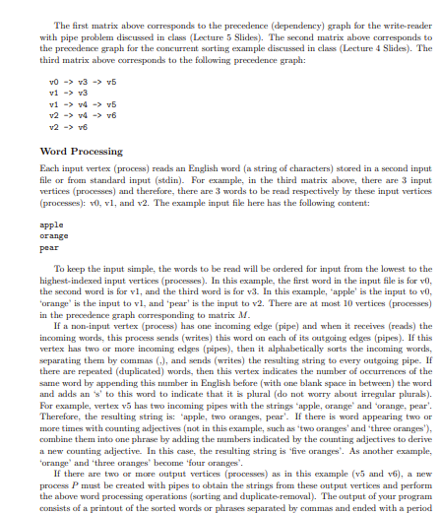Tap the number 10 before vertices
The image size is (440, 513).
[x=368, y=292]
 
